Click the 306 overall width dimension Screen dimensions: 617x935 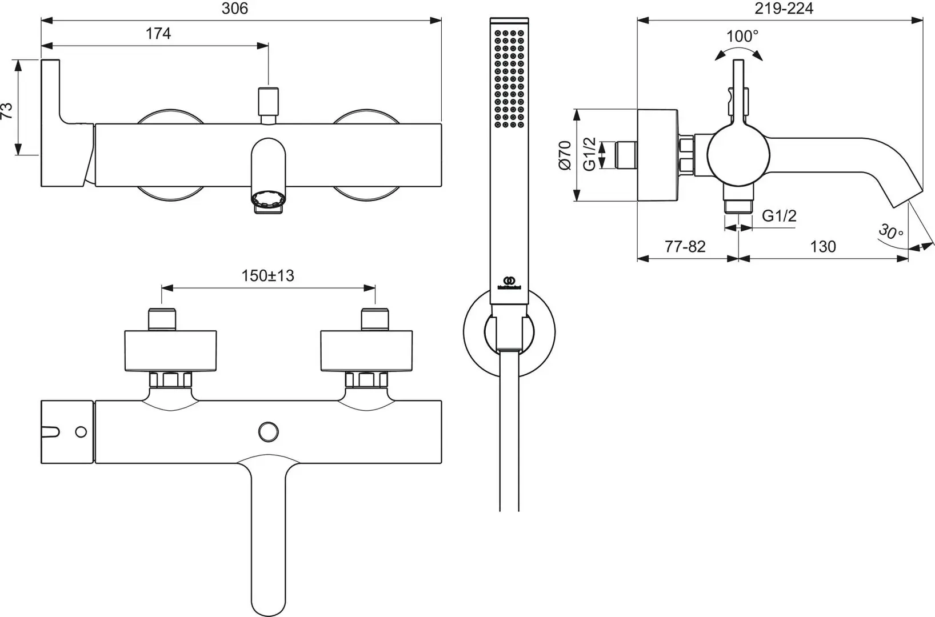click(x=234, y=9)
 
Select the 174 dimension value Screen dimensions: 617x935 click(x=158, y=34)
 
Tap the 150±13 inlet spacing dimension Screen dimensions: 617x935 click(x=267, y=276)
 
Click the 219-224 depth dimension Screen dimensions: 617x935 click(x=784, y=9)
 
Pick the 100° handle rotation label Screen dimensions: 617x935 click(x=742, y=37)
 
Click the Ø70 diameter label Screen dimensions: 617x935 click(x=565, y=155)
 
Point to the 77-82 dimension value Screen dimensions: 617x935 click(x=685, y=247)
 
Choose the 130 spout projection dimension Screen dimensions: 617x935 click(x=823, y=247)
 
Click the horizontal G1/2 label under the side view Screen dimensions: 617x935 click(x=780, y=216)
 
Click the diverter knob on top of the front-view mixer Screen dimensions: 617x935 click(x=269, y=102)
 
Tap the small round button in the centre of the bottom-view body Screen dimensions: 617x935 click(x=267, y=431)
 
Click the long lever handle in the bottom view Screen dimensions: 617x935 click(x=268, y=531)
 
